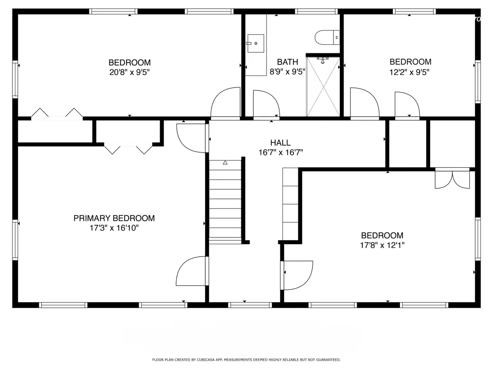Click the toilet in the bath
coord(327,37)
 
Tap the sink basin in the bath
coord(256,43)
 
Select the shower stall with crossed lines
coord(323,87)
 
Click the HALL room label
coord(280,143)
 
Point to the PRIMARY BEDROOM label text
coord(114,218)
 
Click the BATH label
coord(287,62)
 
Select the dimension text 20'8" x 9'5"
coord(129,72)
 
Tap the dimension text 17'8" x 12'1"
coord(382,245)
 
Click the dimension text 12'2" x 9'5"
coord(409,72)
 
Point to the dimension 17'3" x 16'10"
coord(114,228)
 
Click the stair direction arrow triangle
coord(225,162)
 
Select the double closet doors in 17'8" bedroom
coord(452,178)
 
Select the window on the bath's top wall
coord(316,12)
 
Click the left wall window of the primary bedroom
coord(15,240)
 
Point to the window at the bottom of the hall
coord(250,305)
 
